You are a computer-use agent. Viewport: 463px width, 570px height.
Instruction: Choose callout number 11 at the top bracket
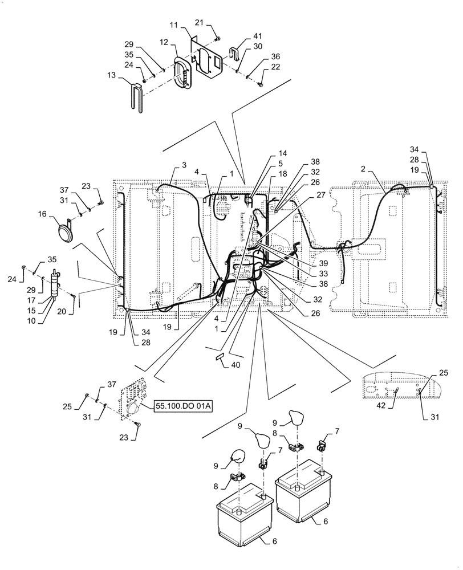173,27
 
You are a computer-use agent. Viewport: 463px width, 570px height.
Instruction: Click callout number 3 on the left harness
184,165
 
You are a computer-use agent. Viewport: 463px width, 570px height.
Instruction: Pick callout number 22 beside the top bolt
261,67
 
